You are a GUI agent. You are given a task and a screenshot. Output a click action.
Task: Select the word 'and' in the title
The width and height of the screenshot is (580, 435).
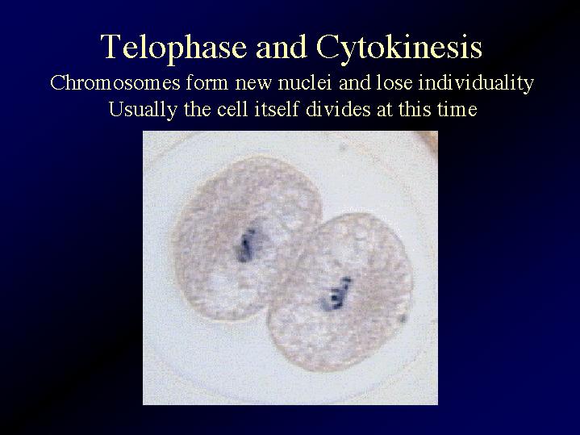coord(282,48)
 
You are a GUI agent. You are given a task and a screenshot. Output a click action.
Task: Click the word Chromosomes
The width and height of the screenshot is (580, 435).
coord(115,82)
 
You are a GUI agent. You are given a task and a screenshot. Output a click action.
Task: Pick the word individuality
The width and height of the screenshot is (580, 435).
coord(476,83)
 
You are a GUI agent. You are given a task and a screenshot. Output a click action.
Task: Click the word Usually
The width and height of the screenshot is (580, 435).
coord(143,110)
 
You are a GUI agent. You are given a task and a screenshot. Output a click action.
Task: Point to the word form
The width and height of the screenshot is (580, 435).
coord(207,82)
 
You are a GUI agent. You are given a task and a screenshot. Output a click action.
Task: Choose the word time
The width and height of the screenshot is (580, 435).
coord(457,109)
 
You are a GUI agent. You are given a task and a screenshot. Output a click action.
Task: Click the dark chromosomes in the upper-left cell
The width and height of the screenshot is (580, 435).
coord(246,245)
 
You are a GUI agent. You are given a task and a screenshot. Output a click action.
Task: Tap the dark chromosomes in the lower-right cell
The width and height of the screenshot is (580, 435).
coord(336,294)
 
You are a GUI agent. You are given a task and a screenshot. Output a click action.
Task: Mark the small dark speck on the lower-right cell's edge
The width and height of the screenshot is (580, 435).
coord(403,319)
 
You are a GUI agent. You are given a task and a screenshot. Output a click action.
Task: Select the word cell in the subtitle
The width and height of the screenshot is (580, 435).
coord(232,109)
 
